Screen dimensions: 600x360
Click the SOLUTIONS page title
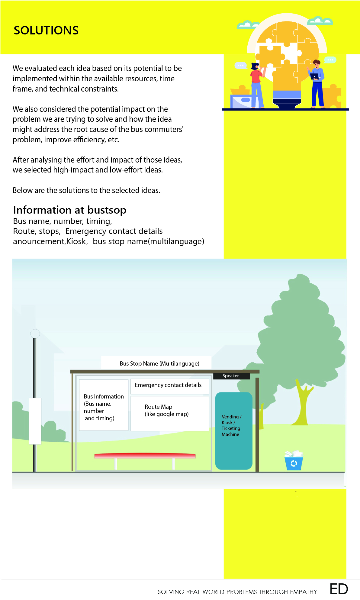(46, 31)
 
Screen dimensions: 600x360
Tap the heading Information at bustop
(69, 210)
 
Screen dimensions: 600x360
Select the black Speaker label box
(231, 376)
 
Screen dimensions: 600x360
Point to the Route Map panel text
(166, 411)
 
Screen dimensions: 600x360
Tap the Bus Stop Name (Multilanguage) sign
(159, 363)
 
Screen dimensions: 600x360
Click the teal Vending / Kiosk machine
(233, 431)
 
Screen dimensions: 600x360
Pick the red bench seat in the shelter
(145, 455)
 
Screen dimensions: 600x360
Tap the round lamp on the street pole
(35, 334)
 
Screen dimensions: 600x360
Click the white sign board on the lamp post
(35, 421)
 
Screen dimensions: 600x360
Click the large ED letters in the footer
(339, 589)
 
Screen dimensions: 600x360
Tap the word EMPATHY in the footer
(303, 592)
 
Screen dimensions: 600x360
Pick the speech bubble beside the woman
(240, 65)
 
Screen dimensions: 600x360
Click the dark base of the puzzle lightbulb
(287, 105)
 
